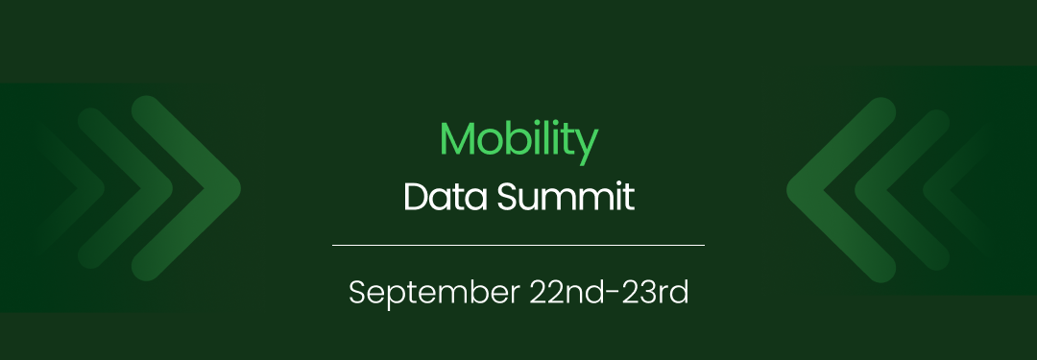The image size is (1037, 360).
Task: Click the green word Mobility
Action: pos(518,140)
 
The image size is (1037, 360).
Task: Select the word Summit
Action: pos(566,197)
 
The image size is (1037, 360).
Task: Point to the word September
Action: pos(434,293)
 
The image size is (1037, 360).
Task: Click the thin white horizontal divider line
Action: pos(518,245)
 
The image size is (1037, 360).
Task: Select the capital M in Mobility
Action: pos(458,138)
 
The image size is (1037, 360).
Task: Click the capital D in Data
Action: pos(417,197)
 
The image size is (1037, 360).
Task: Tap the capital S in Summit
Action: pos(509,197)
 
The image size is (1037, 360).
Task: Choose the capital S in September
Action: pos(358,292)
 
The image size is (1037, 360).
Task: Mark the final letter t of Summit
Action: pos(629,198)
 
